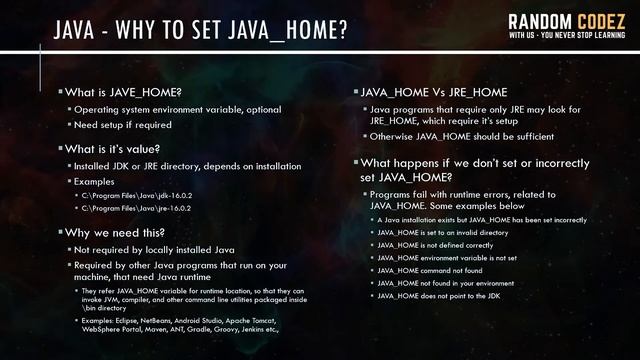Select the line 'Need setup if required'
pos(123,125)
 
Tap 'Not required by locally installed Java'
pos(155,249)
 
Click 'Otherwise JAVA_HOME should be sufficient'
pos(462,136)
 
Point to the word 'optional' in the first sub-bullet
pos(263,109)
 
